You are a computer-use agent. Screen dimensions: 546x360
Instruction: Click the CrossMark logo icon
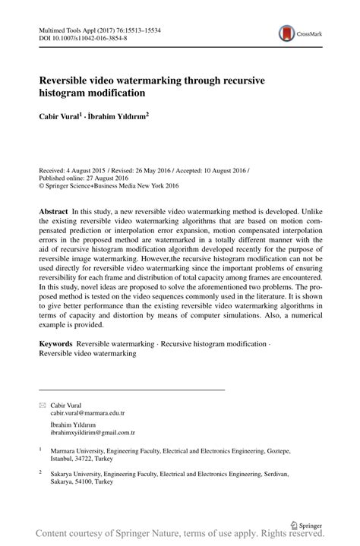[x=286, y=33]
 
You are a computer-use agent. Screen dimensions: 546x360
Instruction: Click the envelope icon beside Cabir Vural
[x=42, y=406]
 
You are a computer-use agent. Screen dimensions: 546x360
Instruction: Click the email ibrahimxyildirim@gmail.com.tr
[x=93, y=433]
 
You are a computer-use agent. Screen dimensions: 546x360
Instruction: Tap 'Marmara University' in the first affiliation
[x=76, y=450]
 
